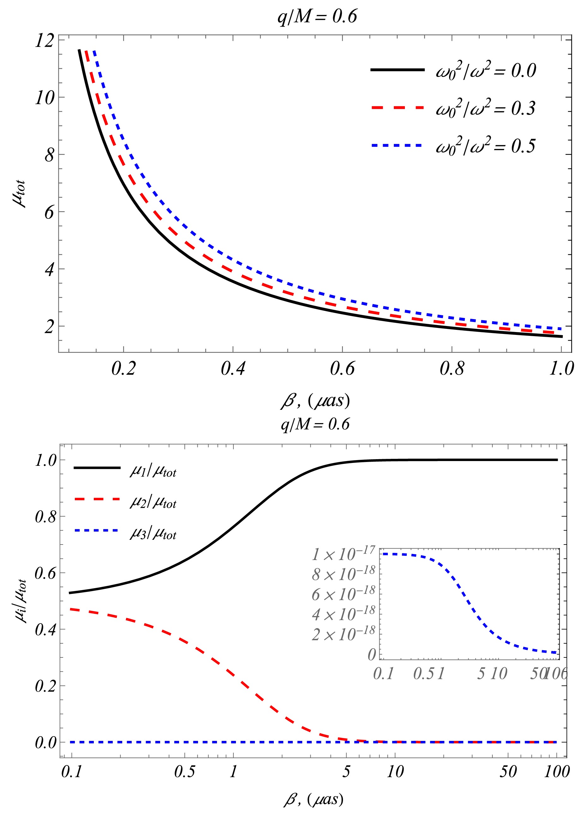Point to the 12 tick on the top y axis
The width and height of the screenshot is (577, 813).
pos(45,41)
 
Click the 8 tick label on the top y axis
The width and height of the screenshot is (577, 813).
pos(49,155)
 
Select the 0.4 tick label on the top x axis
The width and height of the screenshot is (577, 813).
pos(233,368)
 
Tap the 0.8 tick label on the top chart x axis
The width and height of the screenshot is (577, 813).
pos(452,368)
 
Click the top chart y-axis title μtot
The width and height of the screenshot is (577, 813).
pos(19,194)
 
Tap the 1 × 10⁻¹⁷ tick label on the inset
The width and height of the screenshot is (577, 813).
pos(343,554)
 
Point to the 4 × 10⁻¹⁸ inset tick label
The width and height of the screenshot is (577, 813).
pos(343,614)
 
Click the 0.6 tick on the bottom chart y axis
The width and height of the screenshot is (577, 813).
pos(45,574)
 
